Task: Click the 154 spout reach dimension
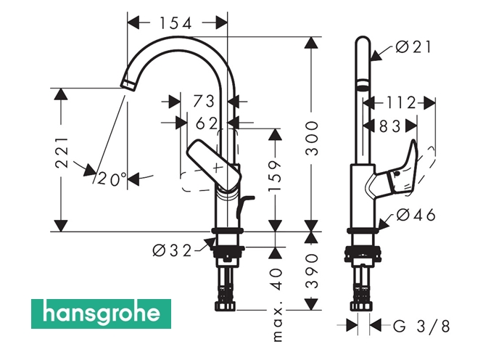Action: [176, 22]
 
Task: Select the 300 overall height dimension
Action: [311, 139]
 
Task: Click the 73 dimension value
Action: [205, 101]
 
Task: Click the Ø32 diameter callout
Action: [172, 251]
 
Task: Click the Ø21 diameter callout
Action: [414, 47]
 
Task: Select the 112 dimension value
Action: [400, 102]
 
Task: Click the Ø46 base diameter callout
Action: [414, 215]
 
